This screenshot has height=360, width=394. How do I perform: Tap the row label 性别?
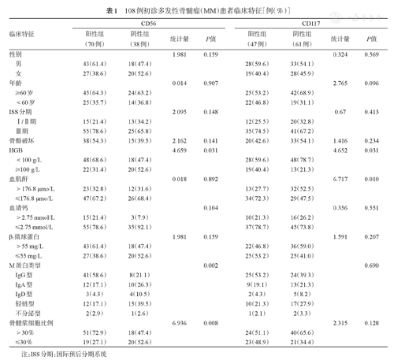15,54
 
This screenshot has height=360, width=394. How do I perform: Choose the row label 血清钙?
18,207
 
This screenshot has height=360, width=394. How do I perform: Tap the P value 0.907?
211,83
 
